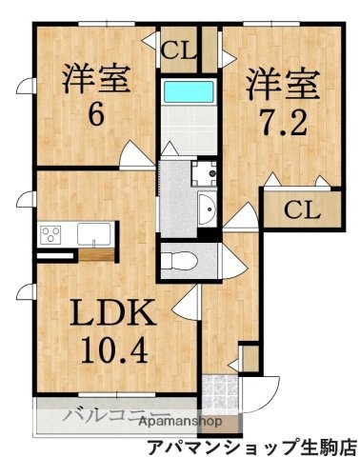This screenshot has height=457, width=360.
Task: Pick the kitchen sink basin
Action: coord(94,234)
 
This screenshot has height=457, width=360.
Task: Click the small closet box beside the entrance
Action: coord(250,360)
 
